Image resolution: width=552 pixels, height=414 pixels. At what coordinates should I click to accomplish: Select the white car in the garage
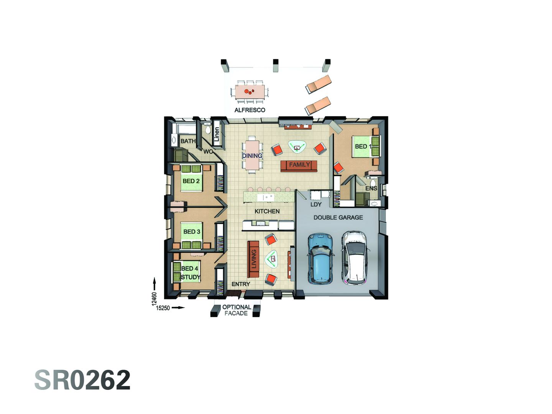click(x=355, y=258)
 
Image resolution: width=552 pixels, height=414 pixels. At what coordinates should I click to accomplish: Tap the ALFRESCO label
click(x=250, y=110)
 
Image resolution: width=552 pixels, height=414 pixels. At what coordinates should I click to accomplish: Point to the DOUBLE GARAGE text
click(x=338, y=217)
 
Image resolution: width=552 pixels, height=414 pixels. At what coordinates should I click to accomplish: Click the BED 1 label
click(x=362, y=146)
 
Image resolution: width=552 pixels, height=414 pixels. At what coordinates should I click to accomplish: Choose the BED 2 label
click(x=191, y=181)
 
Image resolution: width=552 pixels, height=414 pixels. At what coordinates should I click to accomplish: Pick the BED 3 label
click(x=192, y=232)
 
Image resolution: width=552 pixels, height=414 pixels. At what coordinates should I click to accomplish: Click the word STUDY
click(x=191, y=277)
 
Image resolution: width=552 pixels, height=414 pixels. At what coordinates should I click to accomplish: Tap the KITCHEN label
click(x=267, y=211)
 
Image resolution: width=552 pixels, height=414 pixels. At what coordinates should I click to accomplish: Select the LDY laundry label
click(x=316, y=204)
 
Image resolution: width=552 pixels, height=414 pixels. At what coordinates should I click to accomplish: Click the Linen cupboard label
click(x=217, y=134)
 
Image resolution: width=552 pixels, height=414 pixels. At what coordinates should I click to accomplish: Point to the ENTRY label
click(x=241, y=284)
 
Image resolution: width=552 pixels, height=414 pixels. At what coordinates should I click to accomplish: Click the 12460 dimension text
click(x=154, y=299)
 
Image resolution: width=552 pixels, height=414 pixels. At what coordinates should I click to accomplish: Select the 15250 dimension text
click(x=163, y=308)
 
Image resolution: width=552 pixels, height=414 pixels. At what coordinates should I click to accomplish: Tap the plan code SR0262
click(x=82, y=380)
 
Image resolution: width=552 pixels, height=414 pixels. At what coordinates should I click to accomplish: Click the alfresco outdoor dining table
click(x=250, y=92)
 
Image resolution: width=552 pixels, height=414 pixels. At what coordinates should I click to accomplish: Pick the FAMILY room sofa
click(x=299, y=165)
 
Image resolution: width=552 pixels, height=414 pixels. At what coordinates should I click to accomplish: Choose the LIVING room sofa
click(x=253, y=259)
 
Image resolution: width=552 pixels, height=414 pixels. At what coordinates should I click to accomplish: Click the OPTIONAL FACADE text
click(x=237, y=310)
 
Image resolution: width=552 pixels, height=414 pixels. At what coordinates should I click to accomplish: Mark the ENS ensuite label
click(x=371, y=188)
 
